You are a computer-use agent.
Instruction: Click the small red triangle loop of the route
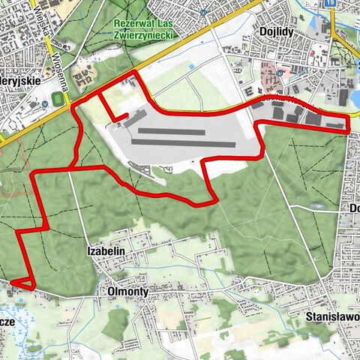[22, 282]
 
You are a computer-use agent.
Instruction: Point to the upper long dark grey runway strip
[168, 132]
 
